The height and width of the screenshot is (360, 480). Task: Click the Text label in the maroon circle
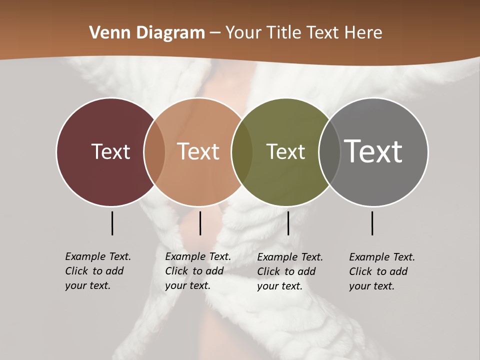click(x=110, y=151)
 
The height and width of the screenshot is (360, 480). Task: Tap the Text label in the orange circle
click(x=198, y=151)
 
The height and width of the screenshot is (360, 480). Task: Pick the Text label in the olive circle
click(x=285, y=151)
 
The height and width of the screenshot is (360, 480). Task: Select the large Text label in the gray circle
click(x=373, y=151)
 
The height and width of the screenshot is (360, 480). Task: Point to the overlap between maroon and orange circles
click(x=154, y=152)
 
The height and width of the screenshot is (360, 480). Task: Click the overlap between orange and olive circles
click(x=241, y=152)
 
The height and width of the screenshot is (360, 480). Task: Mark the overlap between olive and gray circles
click(x=329, y=152)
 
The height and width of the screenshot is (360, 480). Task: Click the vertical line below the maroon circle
click(x=112, y=223)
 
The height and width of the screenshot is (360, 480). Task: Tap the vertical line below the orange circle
click(x=200, y=223)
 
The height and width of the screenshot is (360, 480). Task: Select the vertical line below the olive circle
click(x=288, y=223)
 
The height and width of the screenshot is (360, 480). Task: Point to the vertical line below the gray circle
click(x=372, y=223)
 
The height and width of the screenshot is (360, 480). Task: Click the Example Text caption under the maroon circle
click(x=97, y=271)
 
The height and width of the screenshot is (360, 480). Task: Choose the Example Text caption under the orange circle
click(x=197, y=271)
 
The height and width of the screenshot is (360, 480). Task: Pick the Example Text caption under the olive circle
click(x=289, y=271)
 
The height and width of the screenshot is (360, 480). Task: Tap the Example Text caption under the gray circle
click(x=381, y=271)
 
